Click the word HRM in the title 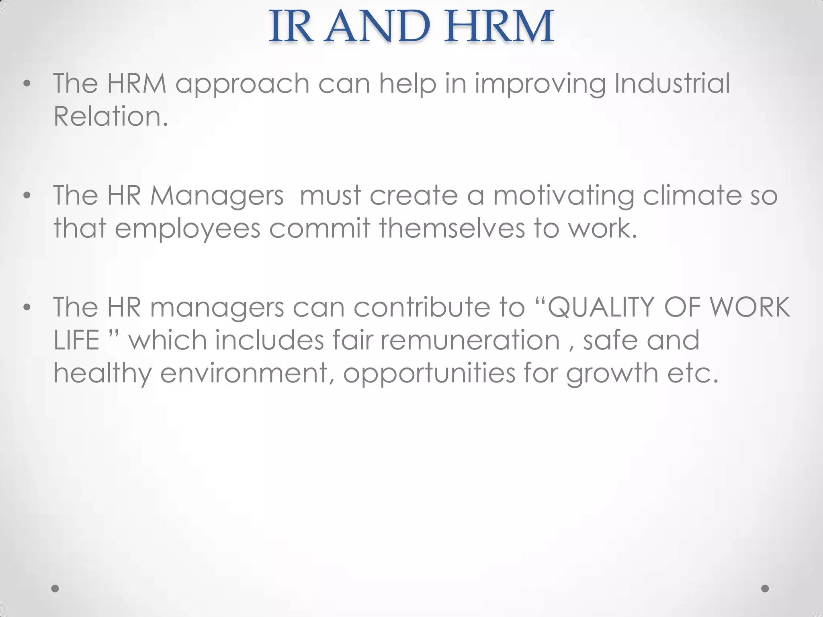499,27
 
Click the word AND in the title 377,27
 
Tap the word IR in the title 291,27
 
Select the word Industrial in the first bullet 672,84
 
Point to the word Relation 111,116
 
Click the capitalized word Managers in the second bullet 217,196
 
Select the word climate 692,196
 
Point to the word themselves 452,228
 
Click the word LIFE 76,340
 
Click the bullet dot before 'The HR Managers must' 27,196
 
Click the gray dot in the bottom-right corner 765,588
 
